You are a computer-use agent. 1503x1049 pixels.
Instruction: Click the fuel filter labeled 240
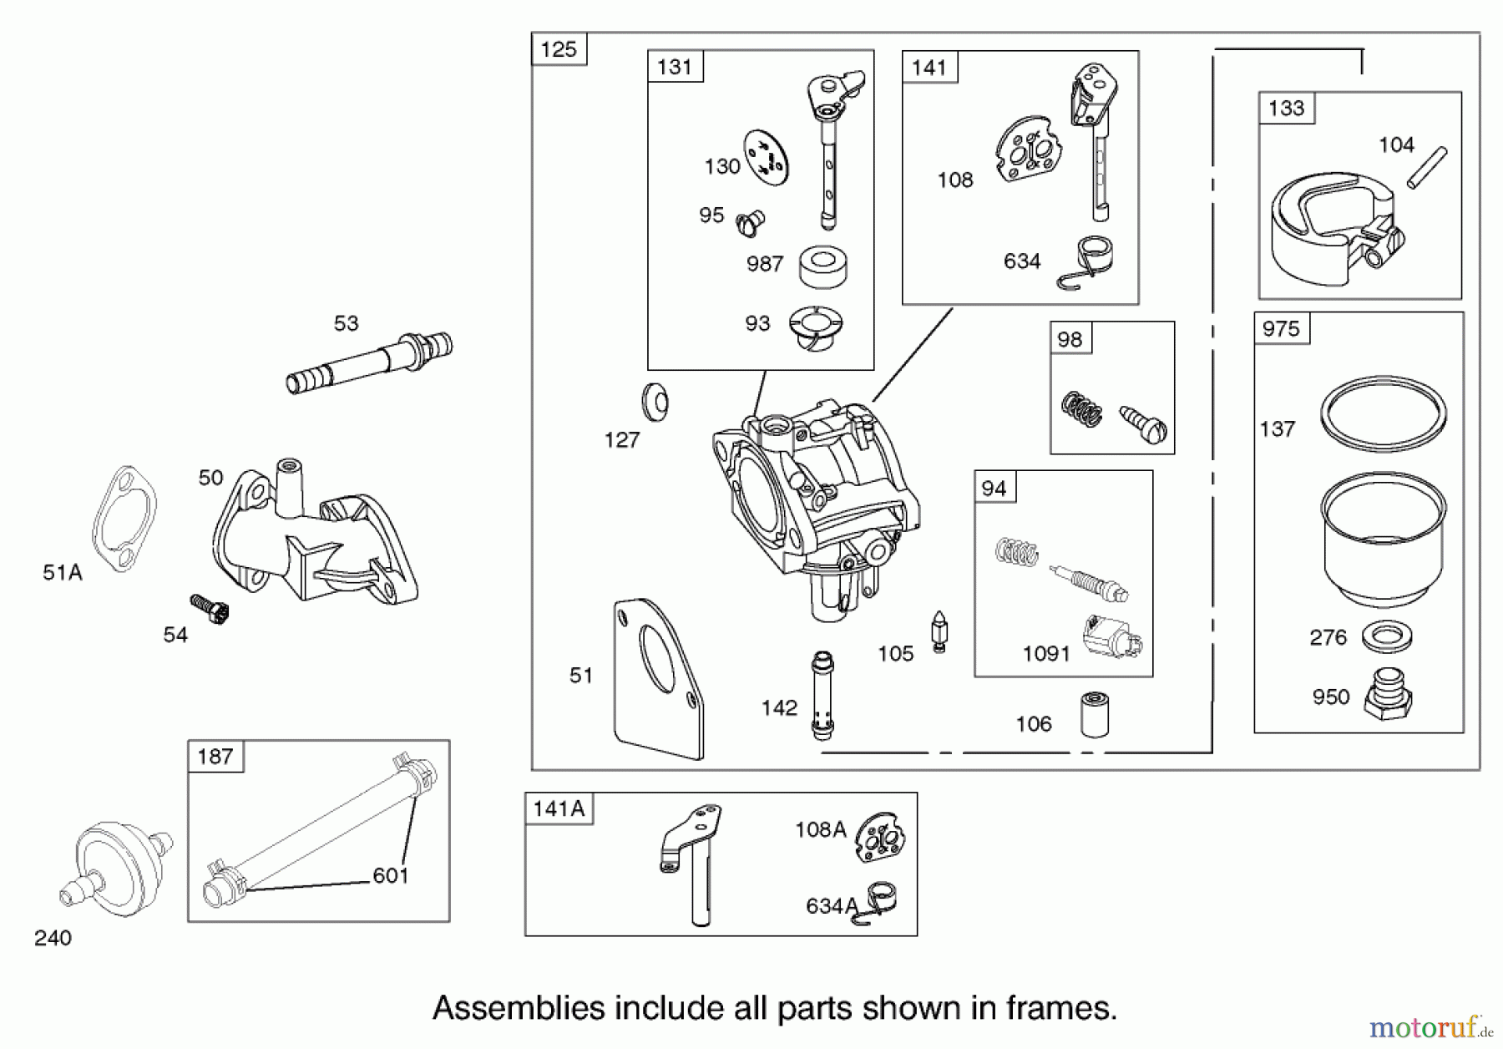click(117, 864)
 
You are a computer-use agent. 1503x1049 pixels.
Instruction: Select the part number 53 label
click(346, 323)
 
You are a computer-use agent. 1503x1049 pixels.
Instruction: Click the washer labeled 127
click(655, 403)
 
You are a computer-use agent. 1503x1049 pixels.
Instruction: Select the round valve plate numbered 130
click(767, 157)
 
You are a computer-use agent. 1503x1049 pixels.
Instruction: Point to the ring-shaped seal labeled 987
click(822, 266)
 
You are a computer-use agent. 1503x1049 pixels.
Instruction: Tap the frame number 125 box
click(559, 49)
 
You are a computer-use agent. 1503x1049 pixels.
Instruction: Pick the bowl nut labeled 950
click(1388, 695)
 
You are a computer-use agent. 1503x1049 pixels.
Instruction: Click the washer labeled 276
click(1386, 637)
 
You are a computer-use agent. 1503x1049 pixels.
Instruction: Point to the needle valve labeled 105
click(939, 632)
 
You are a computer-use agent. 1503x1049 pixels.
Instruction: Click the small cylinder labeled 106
click(1095, 714)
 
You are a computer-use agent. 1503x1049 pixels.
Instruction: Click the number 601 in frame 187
click(390, 875)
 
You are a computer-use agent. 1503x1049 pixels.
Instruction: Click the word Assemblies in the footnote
click(518, 1008)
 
